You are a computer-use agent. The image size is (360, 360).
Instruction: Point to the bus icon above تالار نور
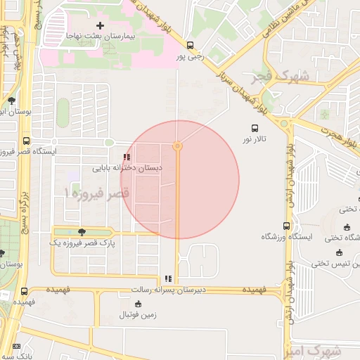click(255, 128)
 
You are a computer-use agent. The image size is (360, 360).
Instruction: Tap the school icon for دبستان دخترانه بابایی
click(127, 157)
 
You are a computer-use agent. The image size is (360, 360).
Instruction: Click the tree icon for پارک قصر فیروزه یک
click(82, 232)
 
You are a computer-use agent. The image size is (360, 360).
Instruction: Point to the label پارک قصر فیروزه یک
click(82, 243)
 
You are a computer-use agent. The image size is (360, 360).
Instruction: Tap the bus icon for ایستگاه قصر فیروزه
click(27, 141)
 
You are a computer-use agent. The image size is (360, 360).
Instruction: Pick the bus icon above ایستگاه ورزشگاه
click(286, 226)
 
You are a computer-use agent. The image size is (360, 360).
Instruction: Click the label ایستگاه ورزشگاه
click(287, 237)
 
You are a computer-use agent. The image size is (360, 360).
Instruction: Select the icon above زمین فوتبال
click(137, 304)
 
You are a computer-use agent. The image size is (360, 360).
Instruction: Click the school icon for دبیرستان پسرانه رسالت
click(167, 278)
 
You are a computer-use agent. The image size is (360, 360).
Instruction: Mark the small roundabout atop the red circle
click(178, 146)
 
